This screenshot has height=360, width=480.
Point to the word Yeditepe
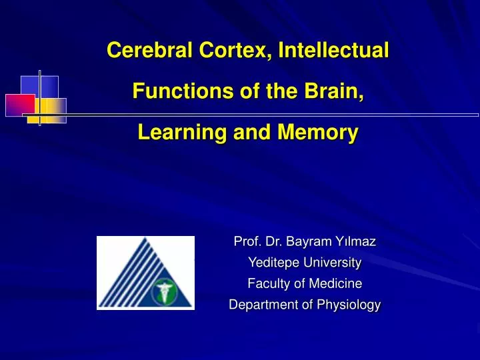coord(275,261)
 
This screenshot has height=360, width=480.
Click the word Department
coord(261,305)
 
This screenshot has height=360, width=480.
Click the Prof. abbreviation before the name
coord(246,239)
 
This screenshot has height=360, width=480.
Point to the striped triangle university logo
coord(145,273)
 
